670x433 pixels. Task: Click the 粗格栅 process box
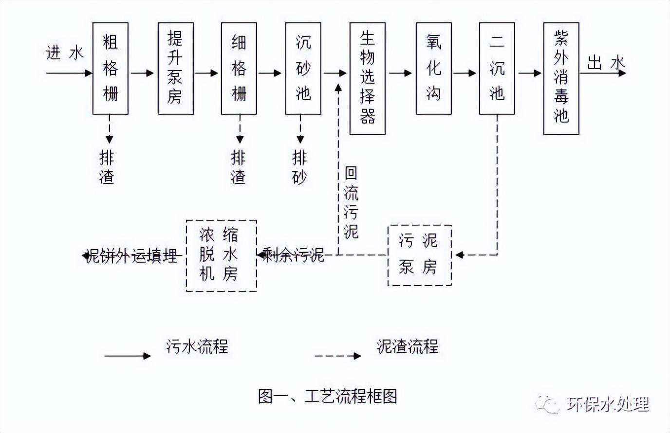pyautogui.click(x=110, y=69)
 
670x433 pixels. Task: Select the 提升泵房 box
pyautogui.click(x=175, y=69)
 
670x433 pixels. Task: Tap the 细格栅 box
pyautogui.click(x=239, y=69)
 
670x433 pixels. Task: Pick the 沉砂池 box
pyautogui.click(x=303, y=69)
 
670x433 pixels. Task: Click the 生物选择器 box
pyautogui.click(x=367, y=78)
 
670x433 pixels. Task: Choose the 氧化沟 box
pyautogui.click(x=433, y=69)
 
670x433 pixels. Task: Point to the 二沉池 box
pyautogui.click(x=497, y=69)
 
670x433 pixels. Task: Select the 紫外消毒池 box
pyautogui.click(x=561, y=78)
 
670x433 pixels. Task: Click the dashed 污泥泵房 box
pyautogui.click(x=419, y=255)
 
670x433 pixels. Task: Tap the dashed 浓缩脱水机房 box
pyautogui.click(x=221, y=255)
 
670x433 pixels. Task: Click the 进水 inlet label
pyautogui.click(x=64, y=53)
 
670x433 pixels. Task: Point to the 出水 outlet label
pyautogui.click(x=605, y=63)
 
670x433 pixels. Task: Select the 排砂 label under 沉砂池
pyautogui.click(x=299, y=167)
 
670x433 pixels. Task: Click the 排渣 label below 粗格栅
pyautogui.click(x=107, y=167)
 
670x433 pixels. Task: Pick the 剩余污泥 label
pyautogui.click(x=294, y=255)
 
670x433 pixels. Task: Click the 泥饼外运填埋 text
pyautogui.click(x=131, y=256)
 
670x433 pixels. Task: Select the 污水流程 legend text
pyautogui.click(x=197, y=346)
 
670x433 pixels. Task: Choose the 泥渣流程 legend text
pyautogui.click(x=407, y=346)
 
